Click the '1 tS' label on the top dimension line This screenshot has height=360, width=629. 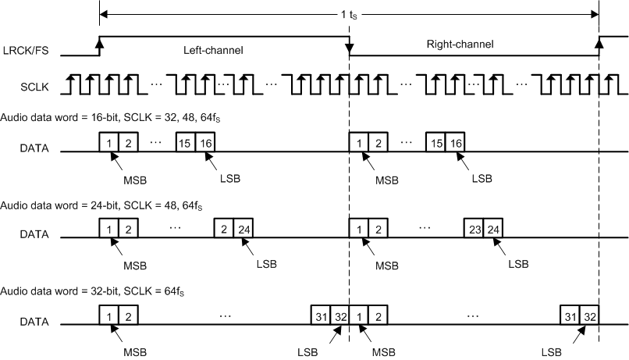point(349,14)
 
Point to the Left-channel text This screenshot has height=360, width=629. point(213,50)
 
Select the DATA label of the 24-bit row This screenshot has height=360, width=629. point(35,233)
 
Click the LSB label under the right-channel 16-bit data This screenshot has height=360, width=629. point(482,177)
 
